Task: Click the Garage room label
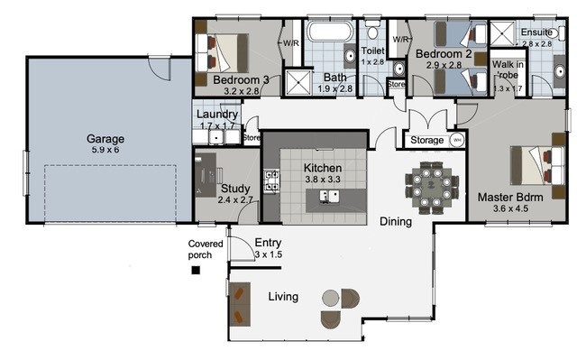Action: pyautogui.click(x=105, y=139)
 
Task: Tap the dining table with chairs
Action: pyautogui.click(x=432, y=188)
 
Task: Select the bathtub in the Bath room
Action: pyautogui.click(x=330, y=32)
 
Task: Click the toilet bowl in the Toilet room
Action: pyautogui.click(x=372, y=31)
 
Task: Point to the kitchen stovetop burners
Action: pyautogui.click(x=271, y=180)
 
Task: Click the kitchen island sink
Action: pyautogui.click(x=329, y=196)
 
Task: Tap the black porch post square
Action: pyautogui.click(x=196, y=271)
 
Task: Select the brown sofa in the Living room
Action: pyautogui.click(x=239, y=304)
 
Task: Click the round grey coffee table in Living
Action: pyautogui.click(x=331, y=298)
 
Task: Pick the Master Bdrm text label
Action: pyautogui.click(x=510, y=198)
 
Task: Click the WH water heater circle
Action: pyautogui.click(x=457, y=140)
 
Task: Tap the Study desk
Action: pyautogui.click(x=206, y=175)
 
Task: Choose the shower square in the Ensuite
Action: pyautogui.click(x=502, y=34)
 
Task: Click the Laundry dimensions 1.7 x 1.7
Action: pyautogui.click(x=217, y=126)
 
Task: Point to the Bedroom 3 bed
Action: pyautogui.click(x=222, y=53)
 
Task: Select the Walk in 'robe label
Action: pyautogui.click(x=508, y=69)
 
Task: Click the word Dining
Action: pyautogui.click(x=396, y=221)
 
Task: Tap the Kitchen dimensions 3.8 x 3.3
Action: pyautogui.click(x=323, y=180)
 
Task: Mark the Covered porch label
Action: pyautogui.click(x=206, y=250)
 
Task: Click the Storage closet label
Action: pyautogui.click(x=426, y=140)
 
